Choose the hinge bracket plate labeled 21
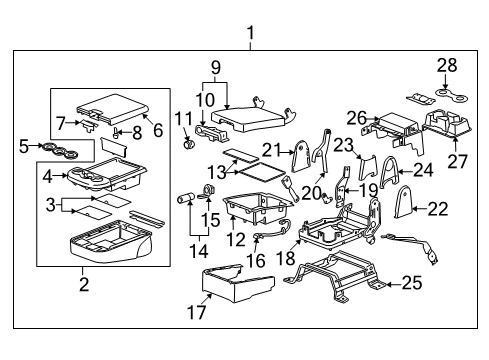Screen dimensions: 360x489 pyautogui.click(x=301, y=156)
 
